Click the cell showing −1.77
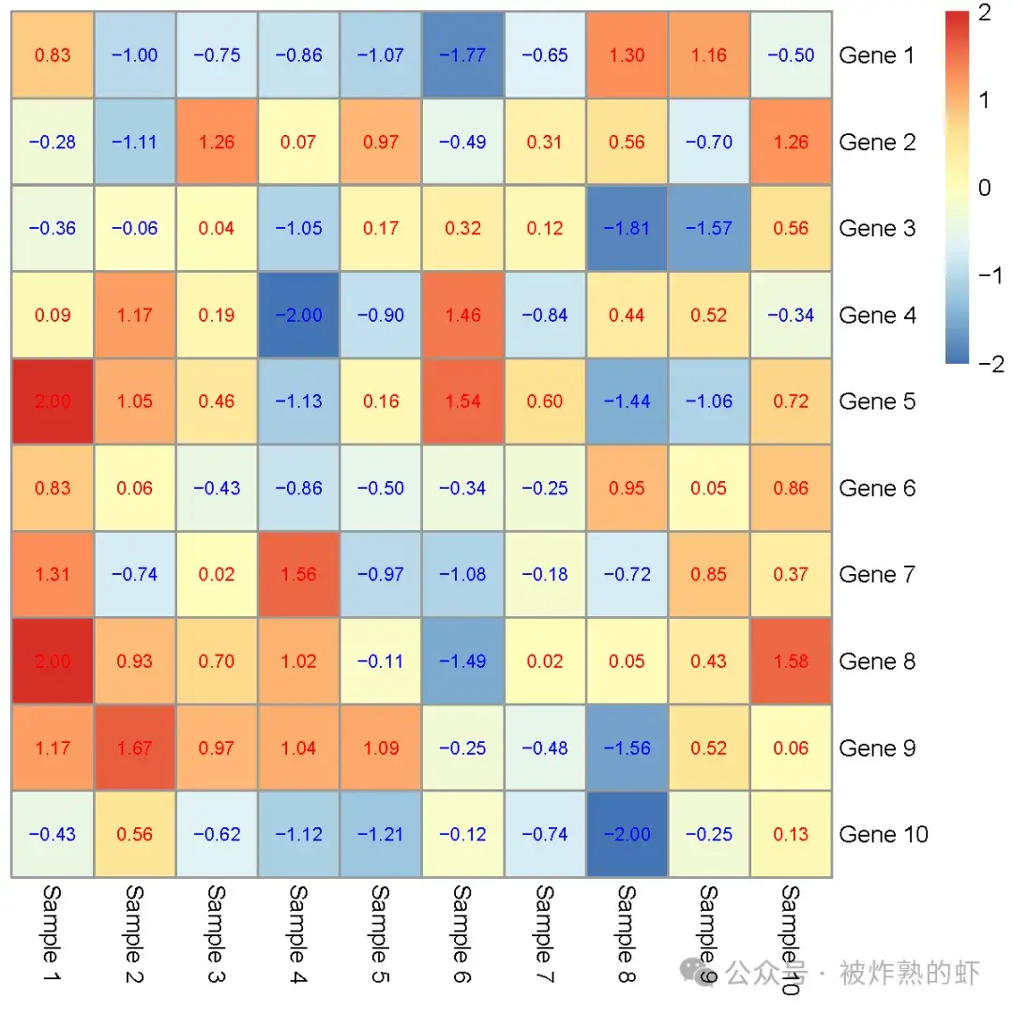tap(462, 55)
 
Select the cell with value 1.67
tap(135, 748)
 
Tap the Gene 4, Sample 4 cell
tap(299, 315)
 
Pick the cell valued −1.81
tap(627, 228)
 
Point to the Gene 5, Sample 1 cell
tap(53, 401)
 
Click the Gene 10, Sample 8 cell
tap(627, 834)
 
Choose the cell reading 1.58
tap(791, 661)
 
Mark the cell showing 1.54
tap(462, 401)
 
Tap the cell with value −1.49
tap(462, 661)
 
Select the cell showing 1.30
tap(627, 55)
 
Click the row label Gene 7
tap(877, 574)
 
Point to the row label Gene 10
tap(884, 834)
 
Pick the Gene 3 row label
tap(877, 228)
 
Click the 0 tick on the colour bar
tap(984, 188)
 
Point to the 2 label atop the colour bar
tap(984, 12)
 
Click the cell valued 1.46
tap(462, 315)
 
